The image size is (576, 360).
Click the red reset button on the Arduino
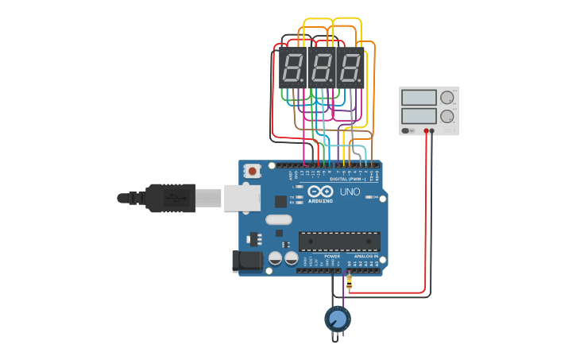pyautogui.click(x=253, y=170)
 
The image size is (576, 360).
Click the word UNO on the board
pyautogui.click(x=350, y=192)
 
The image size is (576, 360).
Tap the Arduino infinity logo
pyautogui.click(x=320, y=192)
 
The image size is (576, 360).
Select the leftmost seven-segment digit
pyautogui.click(x=292, y=68)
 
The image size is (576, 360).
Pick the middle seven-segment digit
pyautogui.click(x=320, y=68)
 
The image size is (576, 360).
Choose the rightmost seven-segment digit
pyautogui.click(x=350, y=68)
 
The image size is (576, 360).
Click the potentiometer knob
pyautogui.click(x=337, y=319)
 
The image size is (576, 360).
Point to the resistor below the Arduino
pyautogui.click(x=350, y=281)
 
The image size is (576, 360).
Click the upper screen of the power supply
pyautogui.click(x=419, y=98)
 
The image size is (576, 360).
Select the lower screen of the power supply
pyautogui.click(x=419, y=115)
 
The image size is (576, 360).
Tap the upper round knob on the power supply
pyautogui.click(x=447, y=97)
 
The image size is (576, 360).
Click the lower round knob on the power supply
pyautogui.click(x=447, y=116)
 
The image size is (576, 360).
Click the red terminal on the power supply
pyautogui.click(x=427, y=130)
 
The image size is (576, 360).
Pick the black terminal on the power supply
pyautogui.click(x=433, y=130)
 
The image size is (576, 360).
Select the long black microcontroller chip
pyautogui.click(x=339, y=241)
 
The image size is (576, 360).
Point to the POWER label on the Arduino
pyautogui.click(x=332, y=256)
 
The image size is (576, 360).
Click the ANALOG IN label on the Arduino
pyautogui.click(x=366, y=256)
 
